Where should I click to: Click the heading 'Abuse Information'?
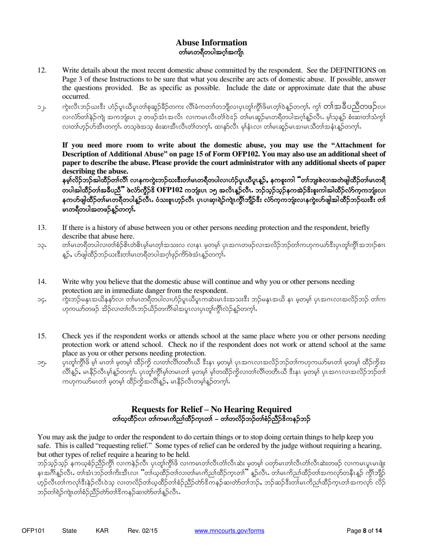[211, 42]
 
